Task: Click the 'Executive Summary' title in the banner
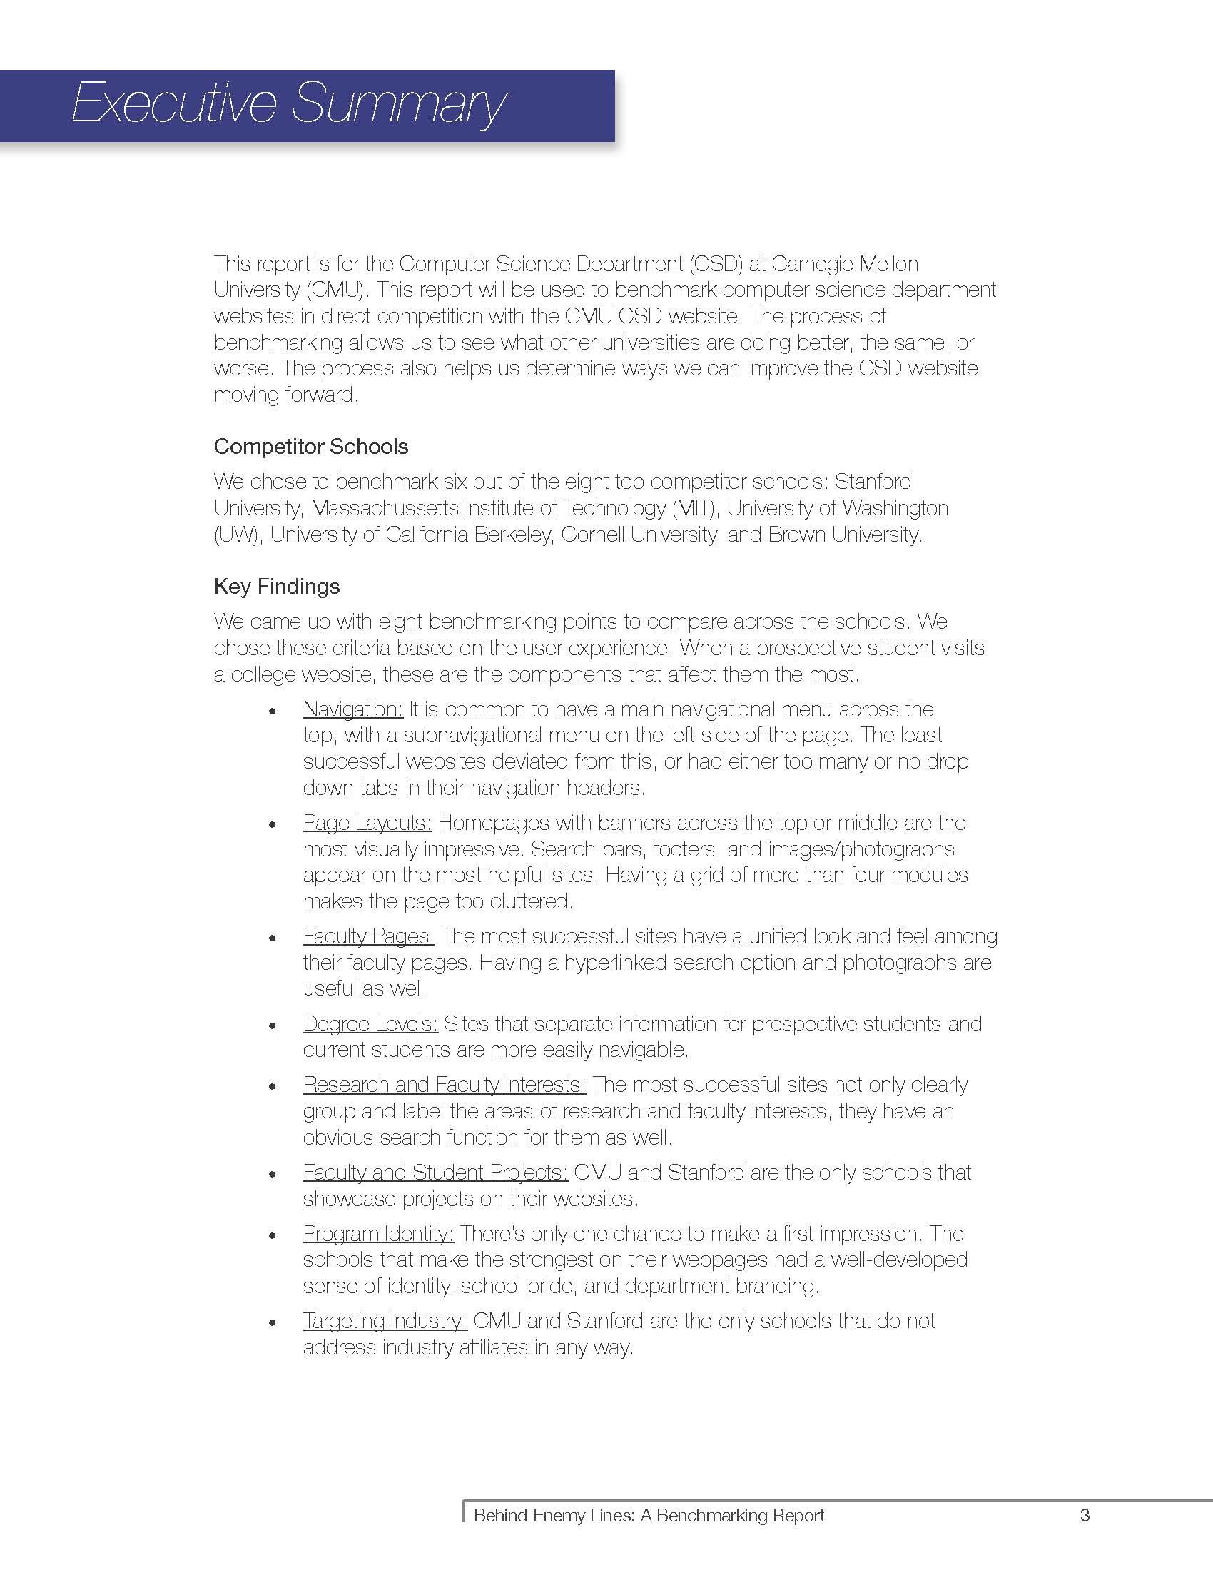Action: coord(289,104)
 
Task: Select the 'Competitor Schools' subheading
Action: coord(310,447)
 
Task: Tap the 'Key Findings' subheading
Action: coord(277,586)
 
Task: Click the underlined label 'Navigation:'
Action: coord(352,709)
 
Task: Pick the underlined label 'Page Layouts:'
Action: coord(367,822)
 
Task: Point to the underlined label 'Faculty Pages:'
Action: coord(369,936)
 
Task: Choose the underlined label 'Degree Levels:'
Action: coord(370,1023)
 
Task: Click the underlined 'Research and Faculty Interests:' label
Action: coord(445,1084)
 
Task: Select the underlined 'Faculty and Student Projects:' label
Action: coord(435,1172)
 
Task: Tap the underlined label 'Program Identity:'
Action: coord(378,1234)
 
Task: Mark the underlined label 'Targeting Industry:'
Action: coord(385,1320)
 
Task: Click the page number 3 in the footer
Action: coord(1085,1514)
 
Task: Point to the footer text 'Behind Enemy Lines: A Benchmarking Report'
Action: coord(649,1515)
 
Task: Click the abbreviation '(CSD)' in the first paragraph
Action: coord(715,264)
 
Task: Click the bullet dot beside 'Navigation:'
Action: coord(272,711)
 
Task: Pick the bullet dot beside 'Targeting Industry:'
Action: coord(272,1322)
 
